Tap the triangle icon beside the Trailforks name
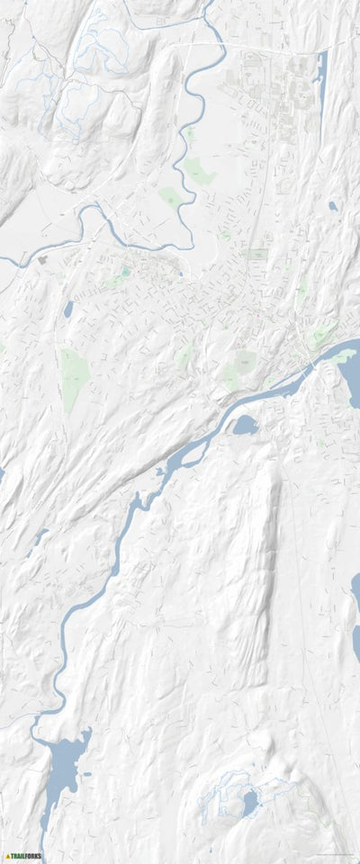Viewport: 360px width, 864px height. point(7,857)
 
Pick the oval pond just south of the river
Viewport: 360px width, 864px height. point(246,424)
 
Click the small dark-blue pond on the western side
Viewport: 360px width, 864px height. point(68,310)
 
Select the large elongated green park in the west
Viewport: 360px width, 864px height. point(72,378)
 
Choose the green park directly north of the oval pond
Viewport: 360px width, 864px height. point(243,363)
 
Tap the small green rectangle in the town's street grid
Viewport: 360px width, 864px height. point(257,255)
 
